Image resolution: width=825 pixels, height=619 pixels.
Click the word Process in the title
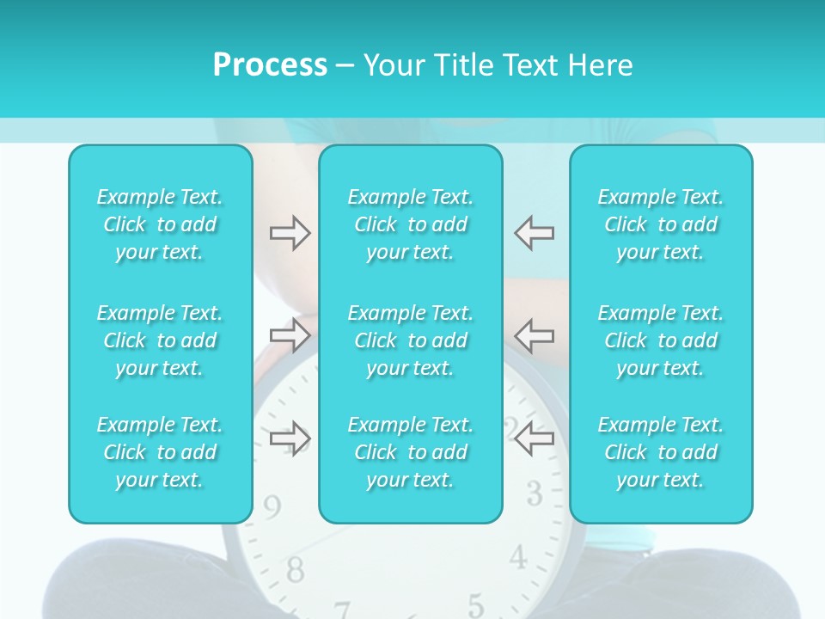pyautogui.click(x=270, y=65)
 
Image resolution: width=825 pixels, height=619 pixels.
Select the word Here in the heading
pyautogui.click(x=601, y=65)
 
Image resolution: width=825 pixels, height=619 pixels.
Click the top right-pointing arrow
pyautogui.click(x=290, y=232)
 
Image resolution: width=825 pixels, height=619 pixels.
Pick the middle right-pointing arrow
pyautogui.click(x=290, y=335)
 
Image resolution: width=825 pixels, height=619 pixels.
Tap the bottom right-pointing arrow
pyautogui.click(x=290, y=438)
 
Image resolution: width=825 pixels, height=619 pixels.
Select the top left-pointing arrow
pyautogui.click(x=534, y=232)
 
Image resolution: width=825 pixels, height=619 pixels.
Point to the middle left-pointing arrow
pyautogui.click(x=534, y=335)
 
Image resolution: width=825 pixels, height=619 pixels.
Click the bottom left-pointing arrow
pyautogui.click(x=534, y=438)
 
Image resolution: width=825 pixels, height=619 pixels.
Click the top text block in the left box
pyautogui.click(x=160, y=224)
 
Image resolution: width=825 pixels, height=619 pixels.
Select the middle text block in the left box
pyautogui.click(x=160, y=340)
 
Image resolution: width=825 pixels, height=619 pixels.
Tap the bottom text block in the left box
pyautogui.click(x=160, y=452)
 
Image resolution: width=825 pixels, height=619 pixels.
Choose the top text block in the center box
pyautogui.click(x=411, y=224)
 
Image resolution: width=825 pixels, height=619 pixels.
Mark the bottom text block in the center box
pyautogui.click(x=411, y=452)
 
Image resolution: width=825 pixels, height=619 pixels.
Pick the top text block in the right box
pyautogui.click(x=661, y=224)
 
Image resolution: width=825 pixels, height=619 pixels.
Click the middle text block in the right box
pyautogui.click(x=661, y=340)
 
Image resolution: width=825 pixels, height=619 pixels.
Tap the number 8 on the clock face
pyautogui.click(x=295, y=568)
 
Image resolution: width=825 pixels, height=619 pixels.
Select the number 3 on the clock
pyautogui.click(x=535, y=493)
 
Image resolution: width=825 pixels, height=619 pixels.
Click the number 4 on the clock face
pyautogui.click(x=517, y=557)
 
